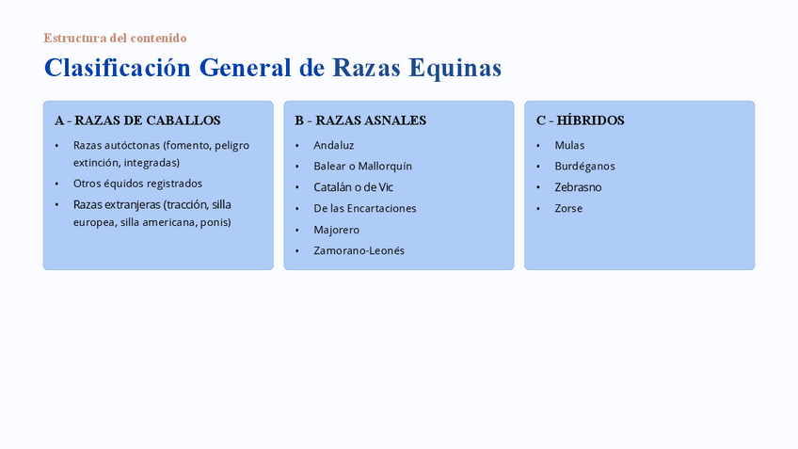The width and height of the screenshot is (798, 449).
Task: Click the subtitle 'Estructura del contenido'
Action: click(x=115, y=39)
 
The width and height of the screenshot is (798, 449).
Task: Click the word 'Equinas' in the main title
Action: click(x=455, y=68)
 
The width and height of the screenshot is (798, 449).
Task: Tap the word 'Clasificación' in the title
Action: click(x=118, y=68)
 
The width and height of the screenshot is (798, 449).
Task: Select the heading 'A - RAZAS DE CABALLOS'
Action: click(x=137, y=120)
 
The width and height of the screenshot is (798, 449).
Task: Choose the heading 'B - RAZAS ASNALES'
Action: click(x=360, y=120)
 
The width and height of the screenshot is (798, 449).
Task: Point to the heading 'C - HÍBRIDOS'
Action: click(x=581, y=120)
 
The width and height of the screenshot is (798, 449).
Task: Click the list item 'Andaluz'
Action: click(x=334, y=146)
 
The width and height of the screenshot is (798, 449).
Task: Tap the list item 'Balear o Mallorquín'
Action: click(x=363, y=167)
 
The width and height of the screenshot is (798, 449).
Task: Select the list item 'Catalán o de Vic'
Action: click(x=353, y=187)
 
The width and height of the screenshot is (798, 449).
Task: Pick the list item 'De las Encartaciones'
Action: click(x=365, y=209)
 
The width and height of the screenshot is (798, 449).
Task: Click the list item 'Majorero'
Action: click(x=336, y=230)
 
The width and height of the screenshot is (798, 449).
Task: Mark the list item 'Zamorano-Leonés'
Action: click(x=359, y=251)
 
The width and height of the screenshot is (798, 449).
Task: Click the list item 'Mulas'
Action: click(x=569, y=146)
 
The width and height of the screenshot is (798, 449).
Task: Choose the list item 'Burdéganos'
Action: click(x=584, y=167)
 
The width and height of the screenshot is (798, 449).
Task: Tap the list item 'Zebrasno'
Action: click(x=578, y=187)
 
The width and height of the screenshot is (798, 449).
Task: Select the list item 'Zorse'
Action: click(x=568, y=209)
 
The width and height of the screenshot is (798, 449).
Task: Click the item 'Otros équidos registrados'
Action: click(x=137, y=184)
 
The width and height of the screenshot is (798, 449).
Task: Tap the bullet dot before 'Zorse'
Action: click(x=538, y=209)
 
